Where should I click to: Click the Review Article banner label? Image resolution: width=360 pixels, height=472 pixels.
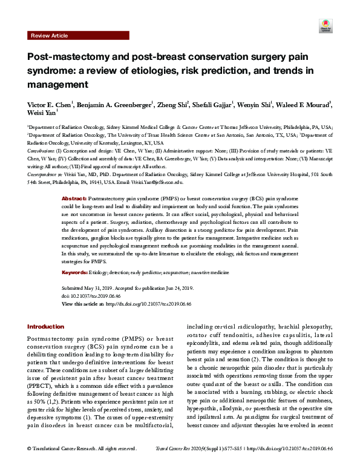tap(50, 36)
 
